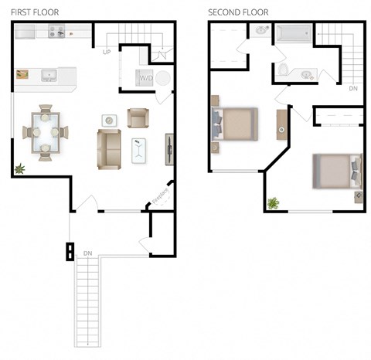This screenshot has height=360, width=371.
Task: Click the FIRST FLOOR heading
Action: pos(35,12)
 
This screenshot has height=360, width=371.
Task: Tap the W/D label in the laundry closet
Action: pos(145,78)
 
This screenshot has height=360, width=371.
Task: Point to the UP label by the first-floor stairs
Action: pos(108,52)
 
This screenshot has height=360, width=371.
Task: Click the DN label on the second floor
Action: pos(352,88)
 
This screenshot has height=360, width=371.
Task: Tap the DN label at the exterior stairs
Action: pos(87,253)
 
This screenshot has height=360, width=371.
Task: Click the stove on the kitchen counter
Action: pos(58,32)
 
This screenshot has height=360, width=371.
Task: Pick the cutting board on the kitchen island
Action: pos(23,75)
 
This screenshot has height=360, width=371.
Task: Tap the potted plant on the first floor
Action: pos(19,168)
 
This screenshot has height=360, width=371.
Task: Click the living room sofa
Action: pos(108,149)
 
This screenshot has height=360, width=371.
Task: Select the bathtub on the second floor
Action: pos(294,33)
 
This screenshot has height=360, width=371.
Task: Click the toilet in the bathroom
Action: pos(284,71)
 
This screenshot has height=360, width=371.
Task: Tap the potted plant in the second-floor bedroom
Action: pos(273,203)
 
